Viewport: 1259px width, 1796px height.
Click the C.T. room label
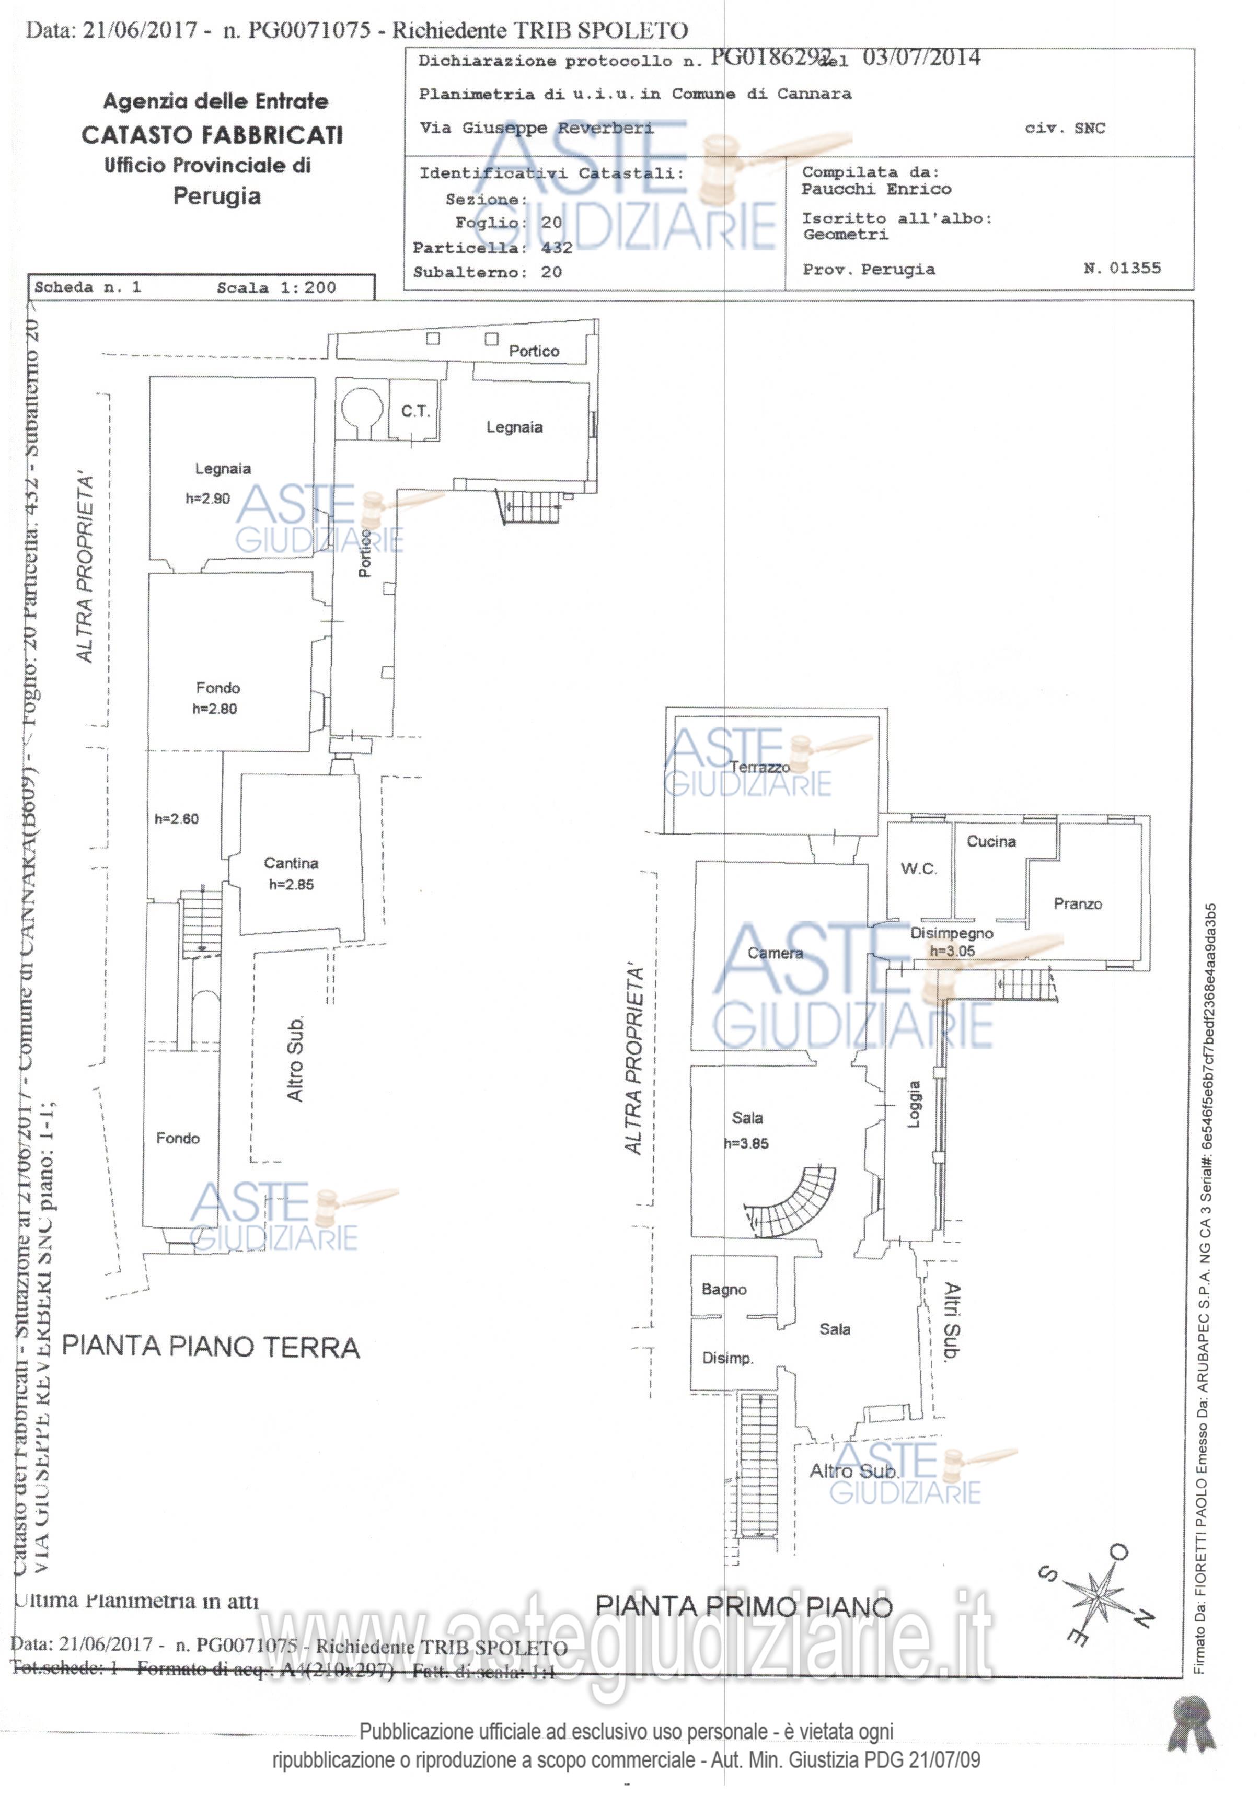tap(415, 411)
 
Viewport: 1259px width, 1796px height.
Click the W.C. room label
tap(918, 868)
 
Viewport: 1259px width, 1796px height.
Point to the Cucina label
tap(990, 842)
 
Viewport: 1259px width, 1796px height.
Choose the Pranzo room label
tap(1078, 904)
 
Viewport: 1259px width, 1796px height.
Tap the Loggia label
tap(913, 1104)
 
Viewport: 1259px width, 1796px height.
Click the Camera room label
tap(775, 953)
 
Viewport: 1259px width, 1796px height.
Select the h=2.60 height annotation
tap(176, 819)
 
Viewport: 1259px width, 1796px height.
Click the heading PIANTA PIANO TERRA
tap(211, 1347)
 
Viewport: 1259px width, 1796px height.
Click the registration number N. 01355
tap(1122, 268)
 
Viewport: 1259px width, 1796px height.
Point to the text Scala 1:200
tap(276, 287)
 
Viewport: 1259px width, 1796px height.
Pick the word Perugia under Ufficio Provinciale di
tap(217, 196)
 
